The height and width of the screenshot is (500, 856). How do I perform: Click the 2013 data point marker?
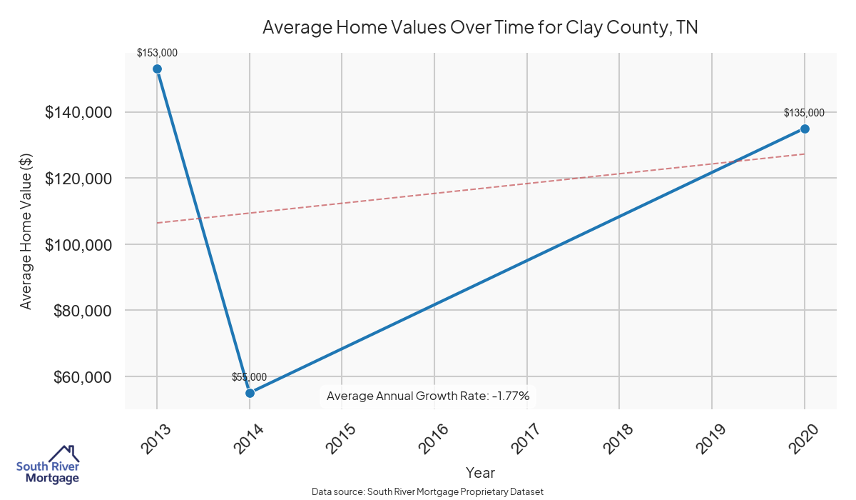tap(157, 69)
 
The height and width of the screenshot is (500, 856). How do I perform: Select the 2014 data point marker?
tap(250, 393)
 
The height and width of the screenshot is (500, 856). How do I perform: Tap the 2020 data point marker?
tap(805, 129)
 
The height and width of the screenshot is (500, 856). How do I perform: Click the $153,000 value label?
tap(157, 53)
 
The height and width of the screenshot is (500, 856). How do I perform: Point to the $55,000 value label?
tap(249, 377)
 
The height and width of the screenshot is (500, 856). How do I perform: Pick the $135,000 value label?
tap(804, 113)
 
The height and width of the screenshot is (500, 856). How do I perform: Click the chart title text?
tap(480, 28)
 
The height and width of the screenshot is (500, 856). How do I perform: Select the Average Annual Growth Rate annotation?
tap(428, 396)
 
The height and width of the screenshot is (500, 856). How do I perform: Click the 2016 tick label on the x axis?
tap(434, 439)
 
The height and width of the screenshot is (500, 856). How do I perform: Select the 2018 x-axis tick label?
tap(618, 439)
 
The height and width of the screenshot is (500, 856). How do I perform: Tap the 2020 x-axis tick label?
tap(803, 439)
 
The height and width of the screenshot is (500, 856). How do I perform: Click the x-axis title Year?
tap(480, 473)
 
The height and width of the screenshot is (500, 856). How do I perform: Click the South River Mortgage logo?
tap(48, 465)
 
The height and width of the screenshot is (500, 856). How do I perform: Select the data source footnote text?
tap(428, 492)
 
